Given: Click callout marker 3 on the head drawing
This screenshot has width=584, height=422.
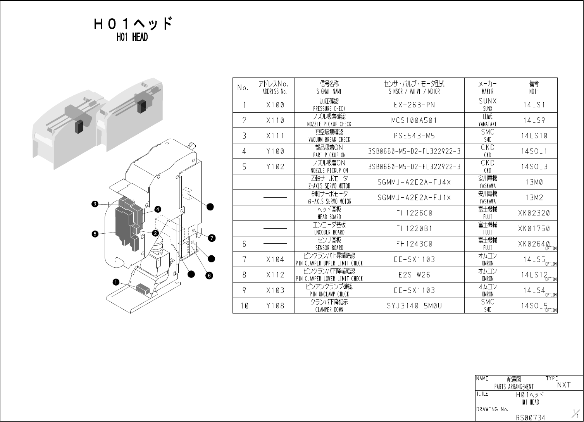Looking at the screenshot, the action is pyautogui.click(x=94, y=204).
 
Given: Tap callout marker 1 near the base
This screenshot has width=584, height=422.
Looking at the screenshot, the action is pyautogui.click(x=116, y=282).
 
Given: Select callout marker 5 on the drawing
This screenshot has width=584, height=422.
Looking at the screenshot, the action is pyautogui.click(x=94, y=234).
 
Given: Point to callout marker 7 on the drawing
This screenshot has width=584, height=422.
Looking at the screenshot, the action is pyautogui.click(x=212, y=238).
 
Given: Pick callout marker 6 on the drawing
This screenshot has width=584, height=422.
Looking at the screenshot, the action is pyautogui.click(x=209, y=276).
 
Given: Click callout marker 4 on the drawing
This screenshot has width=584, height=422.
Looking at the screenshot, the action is pyautogui.click(x=158, y=209).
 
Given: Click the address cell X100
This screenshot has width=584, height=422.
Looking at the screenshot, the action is pyautogui.click(x=275, y=105).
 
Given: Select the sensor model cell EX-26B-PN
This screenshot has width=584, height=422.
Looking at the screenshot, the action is pyautogui.click(x=414, y=105).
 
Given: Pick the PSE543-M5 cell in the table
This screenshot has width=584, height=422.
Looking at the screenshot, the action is pyautogui.click(x=414, y=136).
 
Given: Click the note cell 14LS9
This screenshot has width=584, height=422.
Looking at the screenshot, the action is pyautogui.click(x=534, y=121).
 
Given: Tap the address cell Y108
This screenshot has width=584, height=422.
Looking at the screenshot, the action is pyautogui.click(x=275, y=306).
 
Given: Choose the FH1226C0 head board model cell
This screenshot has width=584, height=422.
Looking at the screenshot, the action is pyautogui.click(x=414, y=213).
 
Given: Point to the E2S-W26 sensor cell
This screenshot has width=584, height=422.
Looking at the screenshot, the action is pyautogui.click(x=414, y=275).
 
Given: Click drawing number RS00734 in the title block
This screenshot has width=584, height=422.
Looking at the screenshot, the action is pyautogui.click(x=530, y=417).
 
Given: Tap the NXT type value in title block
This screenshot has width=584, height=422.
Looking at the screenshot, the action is pyautogui.click(x=564, y=385).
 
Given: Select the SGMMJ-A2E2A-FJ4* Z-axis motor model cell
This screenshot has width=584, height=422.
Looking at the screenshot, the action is pyautogui.click(x=414, y=182).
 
